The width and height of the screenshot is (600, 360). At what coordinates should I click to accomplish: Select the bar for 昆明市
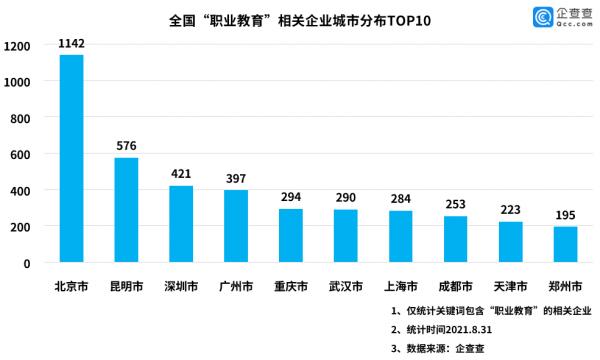tap(126, 210)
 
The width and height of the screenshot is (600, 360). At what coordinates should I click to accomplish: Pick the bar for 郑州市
tap(565, 244)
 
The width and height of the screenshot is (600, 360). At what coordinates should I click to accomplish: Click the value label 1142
tap(72, 43)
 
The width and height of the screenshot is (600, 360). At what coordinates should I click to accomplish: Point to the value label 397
tap(236, 178)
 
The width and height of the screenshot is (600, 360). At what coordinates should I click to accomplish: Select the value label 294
tap(290, 197)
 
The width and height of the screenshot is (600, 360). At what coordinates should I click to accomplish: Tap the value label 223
tap(510, 210)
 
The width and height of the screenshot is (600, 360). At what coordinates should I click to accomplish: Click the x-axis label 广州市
tap(236, 286)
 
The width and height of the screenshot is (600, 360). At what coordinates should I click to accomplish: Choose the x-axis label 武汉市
tap(345, 286)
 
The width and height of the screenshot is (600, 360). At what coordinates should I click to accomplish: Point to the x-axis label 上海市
tap(400, 286)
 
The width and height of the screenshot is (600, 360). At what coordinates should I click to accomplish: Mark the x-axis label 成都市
tap(455, 286)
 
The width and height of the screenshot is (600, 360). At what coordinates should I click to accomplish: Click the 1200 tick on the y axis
tap(17, 46)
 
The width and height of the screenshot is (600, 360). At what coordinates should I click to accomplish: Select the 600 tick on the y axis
tap(21, 154)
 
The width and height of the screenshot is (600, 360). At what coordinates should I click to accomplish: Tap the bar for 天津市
tap(510, 242)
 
